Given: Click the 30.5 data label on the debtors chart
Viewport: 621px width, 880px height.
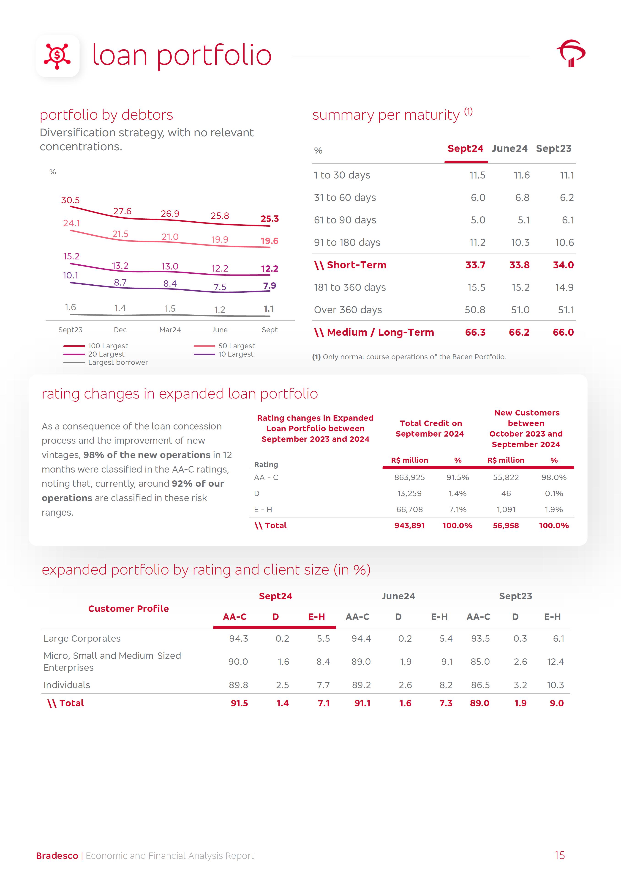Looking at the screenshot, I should point(71,200).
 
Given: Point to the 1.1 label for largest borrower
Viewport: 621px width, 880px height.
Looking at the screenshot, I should point(269,309).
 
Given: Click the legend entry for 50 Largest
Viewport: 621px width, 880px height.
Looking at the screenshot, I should point(236,346).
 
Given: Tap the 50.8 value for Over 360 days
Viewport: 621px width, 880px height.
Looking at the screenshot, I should point(475,310).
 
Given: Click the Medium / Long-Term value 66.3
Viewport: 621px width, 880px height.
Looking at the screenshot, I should point(475,332).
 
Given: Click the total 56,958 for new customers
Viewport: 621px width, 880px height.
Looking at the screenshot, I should point(506,525).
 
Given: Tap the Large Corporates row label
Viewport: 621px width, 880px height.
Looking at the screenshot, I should point(82,638).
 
